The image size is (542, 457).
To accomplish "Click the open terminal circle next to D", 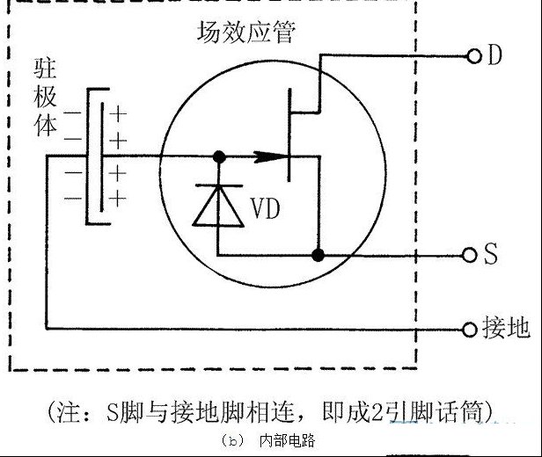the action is [x=474, y=56].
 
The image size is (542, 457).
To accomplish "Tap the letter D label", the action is [x=494, y=54].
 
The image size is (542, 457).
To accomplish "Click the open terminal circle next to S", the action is [x=469, y=256].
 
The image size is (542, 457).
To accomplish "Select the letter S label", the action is [x=490, y=254].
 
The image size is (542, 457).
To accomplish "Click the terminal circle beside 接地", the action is [x=470, y=330].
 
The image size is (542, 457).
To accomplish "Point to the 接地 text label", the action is [x=506, y=327].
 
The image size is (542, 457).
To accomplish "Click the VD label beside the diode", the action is [x=265, y=208].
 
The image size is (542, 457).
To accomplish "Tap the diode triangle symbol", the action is [x=218, y=206].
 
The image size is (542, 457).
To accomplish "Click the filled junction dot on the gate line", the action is [x=219, y=157].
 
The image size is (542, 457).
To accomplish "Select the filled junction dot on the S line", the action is [x=318, y=256].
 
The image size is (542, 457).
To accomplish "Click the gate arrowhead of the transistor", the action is [x=270, y=157].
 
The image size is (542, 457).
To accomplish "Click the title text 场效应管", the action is [x=246, y=33].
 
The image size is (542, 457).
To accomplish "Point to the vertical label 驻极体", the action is [x=45, y=97].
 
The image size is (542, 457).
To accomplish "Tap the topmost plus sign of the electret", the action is [x=118, y=114].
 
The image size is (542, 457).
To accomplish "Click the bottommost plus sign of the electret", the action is [x=118, y=199].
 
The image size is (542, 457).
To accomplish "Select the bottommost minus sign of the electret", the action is [x=72, y=198].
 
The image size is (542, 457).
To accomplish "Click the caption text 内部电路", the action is [x=287, y=441].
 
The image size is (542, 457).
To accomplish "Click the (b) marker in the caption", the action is [x=233, y=441].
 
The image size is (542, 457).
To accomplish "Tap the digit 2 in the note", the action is [x=377, y=412].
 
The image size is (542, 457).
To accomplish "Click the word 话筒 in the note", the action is [x=459, y=411].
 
